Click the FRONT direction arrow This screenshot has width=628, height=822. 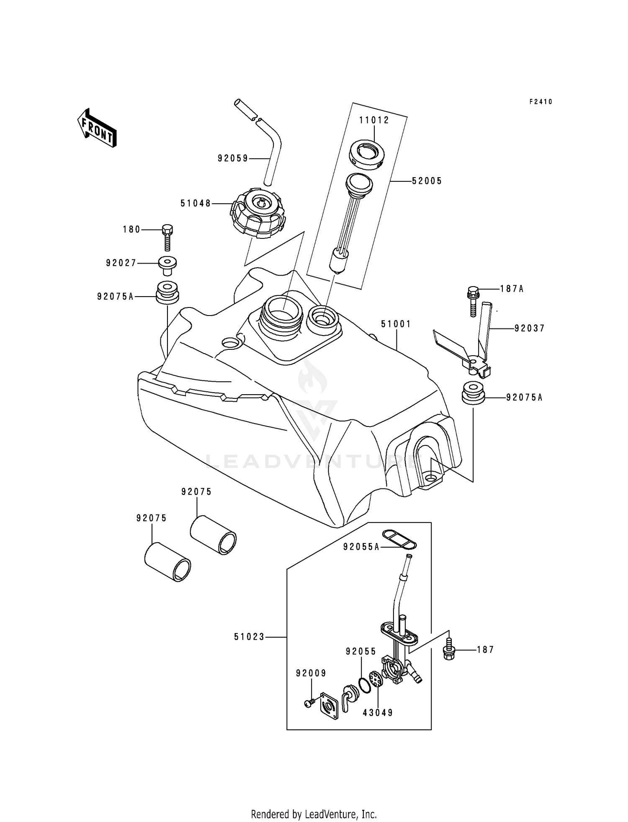click(96, 128)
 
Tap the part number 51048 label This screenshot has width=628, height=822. click(196, 204)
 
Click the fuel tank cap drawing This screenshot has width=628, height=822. click(258, 213)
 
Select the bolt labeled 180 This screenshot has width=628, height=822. click(167, 238)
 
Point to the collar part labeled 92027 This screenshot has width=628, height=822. click(167, 265)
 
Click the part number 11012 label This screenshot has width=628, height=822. click(374, 120)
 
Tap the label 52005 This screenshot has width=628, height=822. click(427, 181)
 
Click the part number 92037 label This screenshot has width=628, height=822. click(530, 328)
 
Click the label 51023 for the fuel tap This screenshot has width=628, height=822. click(249, 637)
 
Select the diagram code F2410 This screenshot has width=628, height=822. click(540, 102)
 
